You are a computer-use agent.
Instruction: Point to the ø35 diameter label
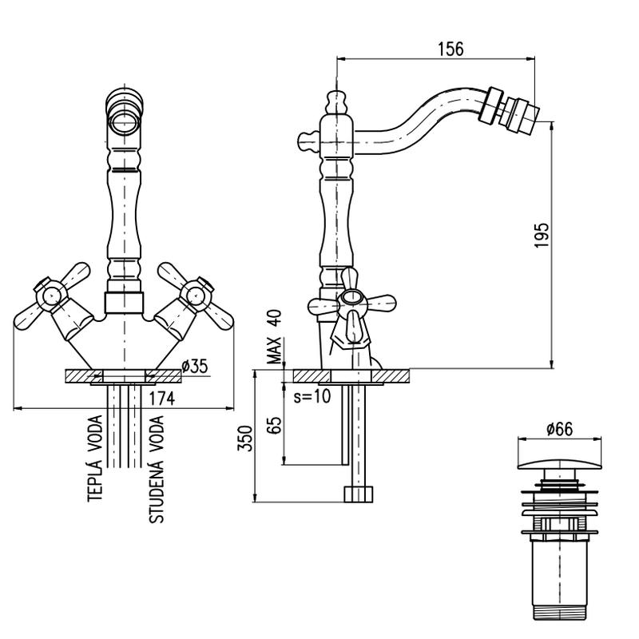[x=195, y=367]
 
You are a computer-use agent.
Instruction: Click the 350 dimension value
[x=247, y=439]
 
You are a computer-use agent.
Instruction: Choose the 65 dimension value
[x=276, y=423]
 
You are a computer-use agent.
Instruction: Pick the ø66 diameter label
[x=560, y=429]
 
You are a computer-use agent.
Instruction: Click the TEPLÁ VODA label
[x=95, y=458]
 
